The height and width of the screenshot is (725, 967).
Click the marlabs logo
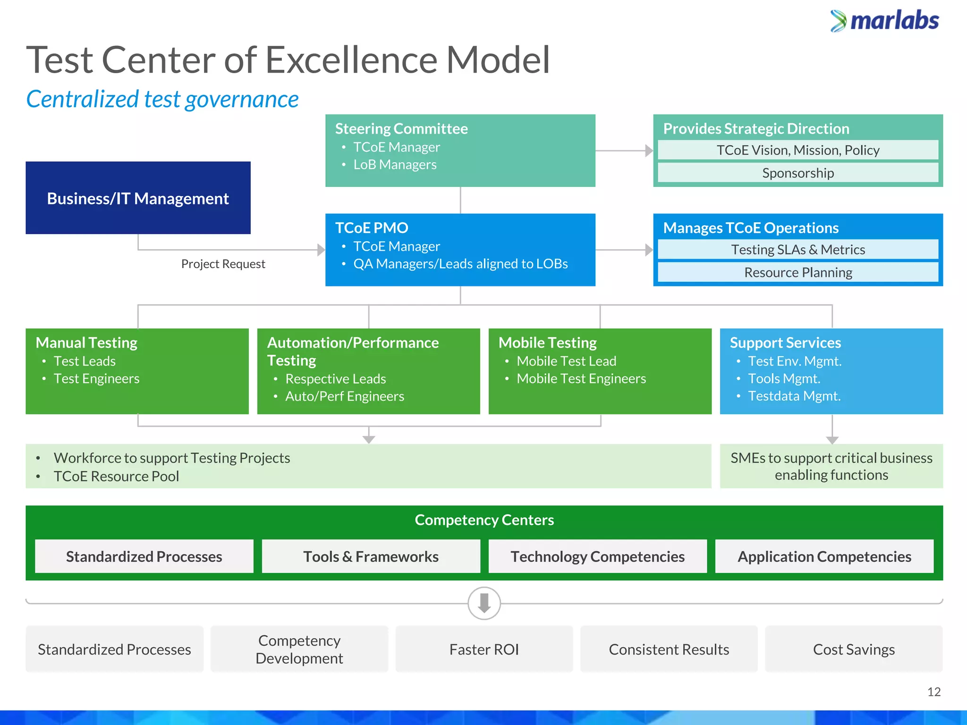click(x=885, y=21)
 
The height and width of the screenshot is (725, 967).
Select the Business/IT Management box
click(x=138, y=198)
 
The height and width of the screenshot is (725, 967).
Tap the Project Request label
click(x=223, y=264)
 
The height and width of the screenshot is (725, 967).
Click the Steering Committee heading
click(x=401, y=128)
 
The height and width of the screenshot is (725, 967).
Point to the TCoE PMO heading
click(x=372, y=228)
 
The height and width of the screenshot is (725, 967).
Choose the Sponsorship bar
click(x=797, y=173)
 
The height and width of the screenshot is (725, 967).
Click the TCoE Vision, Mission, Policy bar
click(x=797, y=150)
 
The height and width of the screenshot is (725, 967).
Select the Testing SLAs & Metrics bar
click(x=797, y=249)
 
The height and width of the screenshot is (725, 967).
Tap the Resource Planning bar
click(x=797, y=272)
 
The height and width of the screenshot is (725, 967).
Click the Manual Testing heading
click(x=86, y=342)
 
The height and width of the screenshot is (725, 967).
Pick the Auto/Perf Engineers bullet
click(x=345, y=396)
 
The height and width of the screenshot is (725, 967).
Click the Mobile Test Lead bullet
click(x=566, y=361)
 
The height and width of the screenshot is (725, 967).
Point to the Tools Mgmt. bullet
click(x=784, y=379)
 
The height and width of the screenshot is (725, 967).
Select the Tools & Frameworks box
click(x=371, y=556)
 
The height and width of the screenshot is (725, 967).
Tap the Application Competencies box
click(x=824, y=556)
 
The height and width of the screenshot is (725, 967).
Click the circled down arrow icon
click(x=484, y=603)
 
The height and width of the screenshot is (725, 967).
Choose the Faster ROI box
click(x=484, y=649)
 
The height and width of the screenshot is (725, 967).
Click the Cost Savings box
click(x=854, y=649)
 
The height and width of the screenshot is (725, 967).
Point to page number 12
click(x=933, y=692)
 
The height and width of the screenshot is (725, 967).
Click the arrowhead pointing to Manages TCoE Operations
click(x=649, y=250)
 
